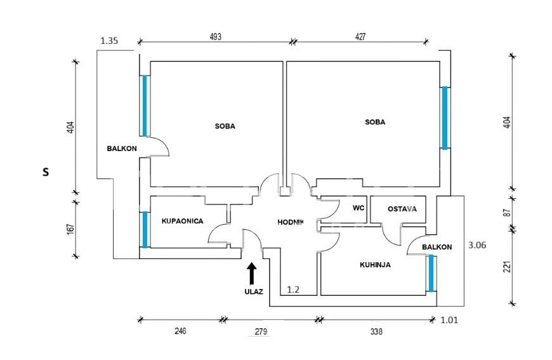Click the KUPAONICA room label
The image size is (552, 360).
pyautogui.click(x=182, y=221)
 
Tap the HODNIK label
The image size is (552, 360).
pyautogui.click(x=291, y=222)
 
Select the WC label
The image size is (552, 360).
pyautogui.click(x=358, y=207)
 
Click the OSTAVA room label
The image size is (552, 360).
pyautogui.click(x=402, y=208)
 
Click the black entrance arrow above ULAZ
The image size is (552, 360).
pyautogui.click(x=251, y=273)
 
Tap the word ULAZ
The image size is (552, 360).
pyautogui.click(x=254, y=292)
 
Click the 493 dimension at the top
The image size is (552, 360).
pyautogui.click(x=216, y=37)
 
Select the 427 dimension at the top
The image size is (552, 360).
pyautogui.click(x=360, y=37)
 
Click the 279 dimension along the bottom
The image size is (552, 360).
pyautogui.click(x=261, y=331)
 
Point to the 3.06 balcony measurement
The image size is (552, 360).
pyautogui.click(x=476, y=244)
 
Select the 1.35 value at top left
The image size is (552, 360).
pyautogui.click(x=110, y=41)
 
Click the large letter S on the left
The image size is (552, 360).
pyautogui.click(x=45, y=171)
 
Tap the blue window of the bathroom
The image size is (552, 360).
pyautogui.click(x=145, y=229)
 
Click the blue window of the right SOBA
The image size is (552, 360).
pyautogui.click(x=445, y=117)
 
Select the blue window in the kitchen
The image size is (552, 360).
pyautogui.click(x=431, y=273)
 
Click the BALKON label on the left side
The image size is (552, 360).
pyautogui.click(x=121, y=149)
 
